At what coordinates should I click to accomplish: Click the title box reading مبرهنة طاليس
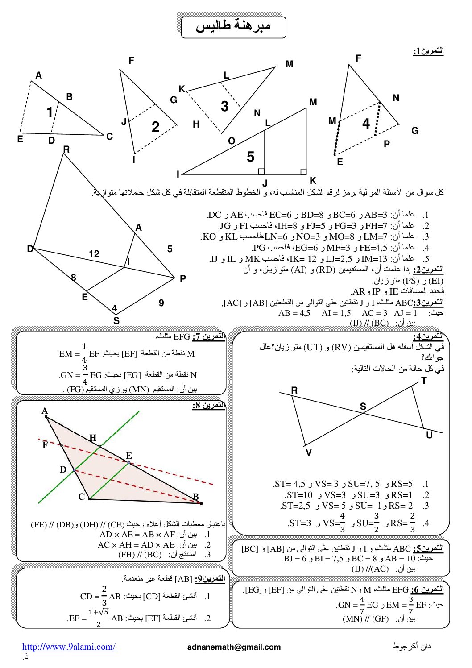[233, 27]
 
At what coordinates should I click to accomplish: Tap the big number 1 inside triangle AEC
[50, 112]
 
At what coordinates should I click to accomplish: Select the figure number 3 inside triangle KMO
[224, 106]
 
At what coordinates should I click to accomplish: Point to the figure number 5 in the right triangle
[250, 157]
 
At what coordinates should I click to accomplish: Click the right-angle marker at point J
[261, 171]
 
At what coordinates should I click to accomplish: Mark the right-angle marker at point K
[303, 171]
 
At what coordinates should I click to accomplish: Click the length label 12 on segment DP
[94, 254]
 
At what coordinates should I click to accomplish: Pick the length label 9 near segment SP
[161, 303]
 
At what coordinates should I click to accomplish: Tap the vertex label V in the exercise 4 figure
[309, 453]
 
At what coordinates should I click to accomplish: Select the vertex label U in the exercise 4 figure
[429, 435]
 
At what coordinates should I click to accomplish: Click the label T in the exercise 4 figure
[424, 381]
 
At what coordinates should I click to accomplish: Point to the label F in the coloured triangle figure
[45, 445]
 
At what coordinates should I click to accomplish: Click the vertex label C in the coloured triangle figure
[81, 497]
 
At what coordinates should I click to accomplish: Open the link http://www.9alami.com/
[69, 647]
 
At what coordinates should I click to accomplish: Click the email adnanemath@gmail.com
[234, 647]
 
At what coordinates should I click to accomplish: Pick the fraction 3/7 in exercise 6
[410, 605]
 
